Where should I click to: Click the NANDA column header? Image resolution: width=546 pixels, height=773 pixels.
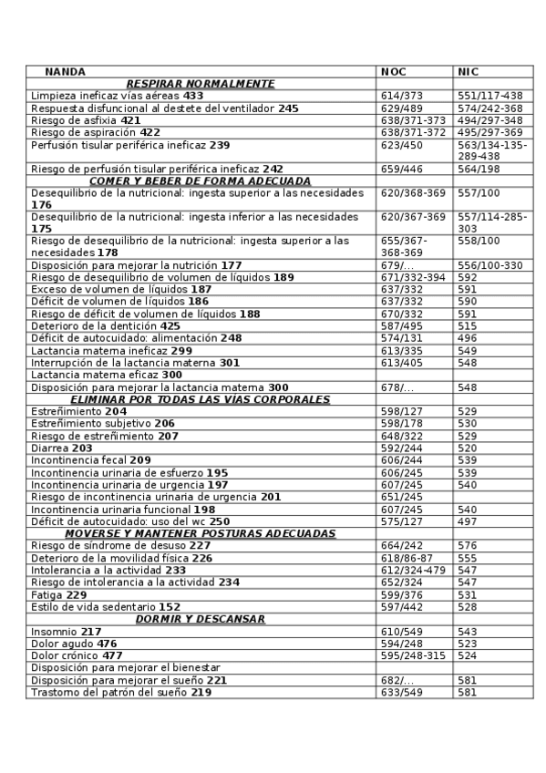pos(66,71)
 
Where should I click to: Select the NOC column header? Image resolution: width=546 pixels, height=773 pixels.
pos(394,71)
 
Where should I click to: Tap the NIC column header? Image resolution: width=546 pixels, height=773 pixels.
pos(468,71)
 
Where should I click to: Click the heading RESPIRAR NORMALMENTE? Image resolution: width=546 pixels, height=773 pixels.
pos(200,83)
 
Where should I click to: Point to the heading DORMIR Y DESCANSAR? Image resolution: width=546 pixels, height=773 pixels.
pos(200,619)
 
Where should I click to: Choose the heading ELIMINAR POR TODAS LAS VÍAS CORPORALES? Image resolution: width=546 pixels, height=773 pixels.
pos(200,399)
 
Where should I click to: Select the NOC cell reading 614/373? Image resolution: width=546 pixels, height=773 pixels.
pos(401,95)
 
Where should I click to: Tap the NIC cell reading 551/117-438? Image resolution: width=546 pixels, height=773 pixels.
pos(489,95)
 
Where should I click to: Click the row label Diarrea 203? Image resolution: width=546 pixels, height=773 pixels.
pos(62,448)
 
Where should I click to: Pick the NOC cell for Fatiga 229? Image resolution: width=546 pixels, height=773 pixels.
pos(401,594)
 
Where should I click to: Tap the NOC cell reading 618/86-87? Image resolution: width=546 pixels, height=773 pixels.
pos(407,557)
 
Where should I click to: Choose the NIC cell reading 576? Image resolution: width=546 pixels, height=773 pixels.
pos(467,545)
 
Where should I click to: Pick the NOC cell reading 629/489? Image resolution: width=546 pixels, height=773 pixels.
pos(401,108)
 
